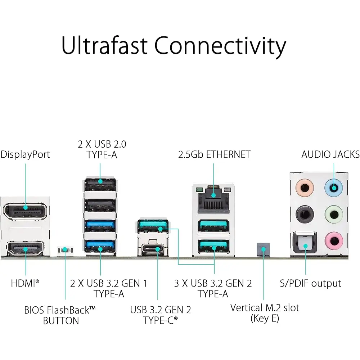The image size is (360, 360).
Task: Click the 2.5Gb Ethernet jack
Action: (213, 198)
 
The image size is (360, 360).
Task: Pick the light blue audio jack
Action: (334, 188)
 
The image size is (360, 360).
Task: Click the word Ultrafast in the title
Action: (105, 46)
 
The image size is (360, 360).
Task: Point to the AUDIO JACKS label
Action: (330, 154)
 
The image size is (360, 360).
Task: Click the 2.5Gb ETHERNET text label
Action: (214, 154)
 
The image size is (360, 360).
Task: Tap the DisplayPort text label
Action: (25, 154)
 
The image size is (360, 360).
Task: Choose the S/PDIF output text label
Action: (310, 283)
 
